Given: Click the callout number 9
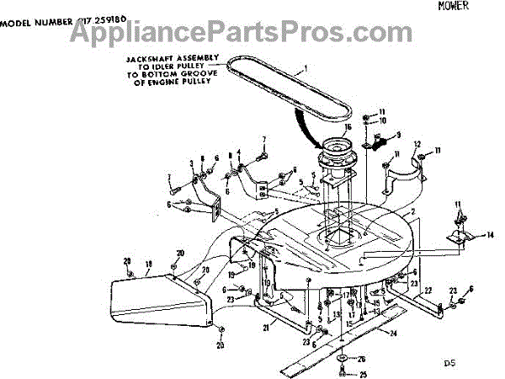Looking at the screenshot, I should pyautogui.click(x=399, y=136).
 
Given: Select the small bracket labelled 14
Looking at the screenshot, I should pyautogui.click(x=459, y=238).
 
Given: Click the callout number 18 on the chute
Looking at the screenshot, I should pyautogui.click(x=148, y=264).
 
